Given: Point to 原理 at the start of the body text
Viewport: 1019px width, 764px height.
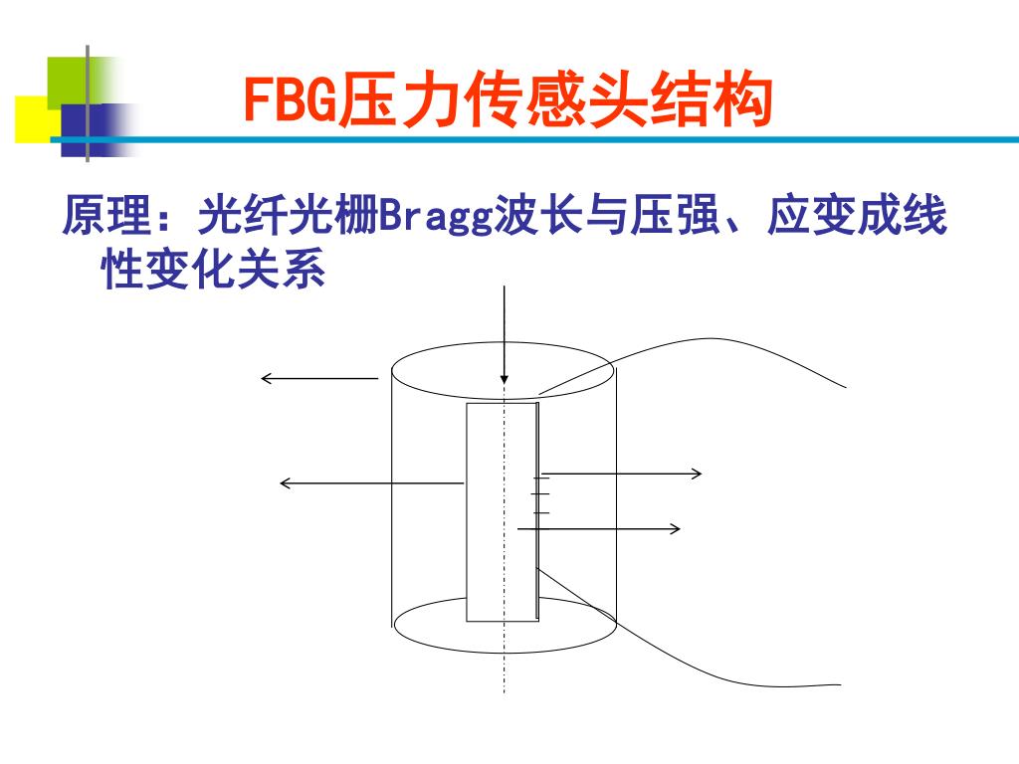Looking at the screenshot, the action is pyautogui.click(x=106, y=217).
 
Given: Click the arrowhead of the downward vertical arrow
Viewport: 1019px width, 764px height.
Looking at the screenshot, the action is pyautogui.click(x=505, y=379).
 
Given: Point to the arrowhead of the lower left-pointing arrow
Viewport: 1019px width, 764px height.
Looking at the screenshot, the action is pyautogui.click(x=285, y=483).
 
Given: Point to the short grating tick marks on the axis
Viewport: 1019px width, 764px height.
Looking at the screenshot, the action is pyautogui.click(x=541, y=495).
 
